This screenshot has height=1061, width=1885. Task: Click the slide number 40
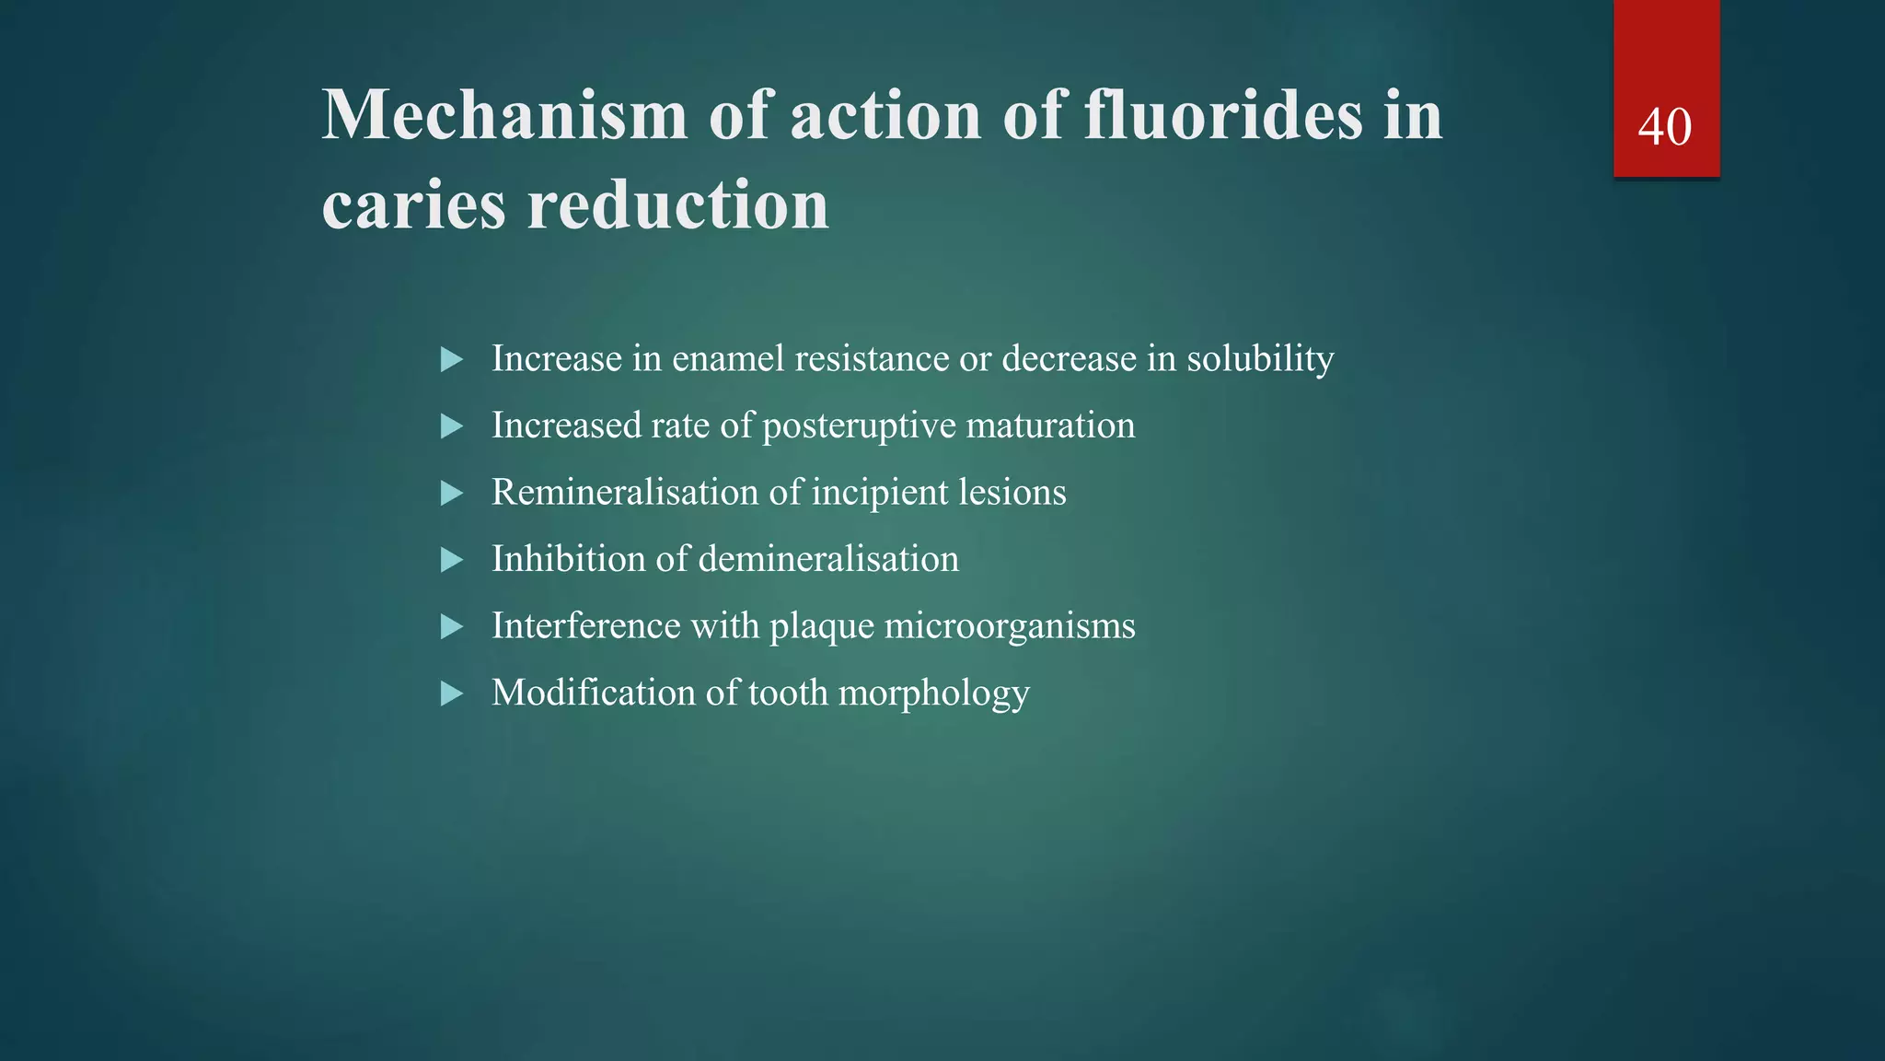(1664, 127)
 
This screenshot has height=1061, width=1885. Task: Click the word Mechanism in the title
(504, 116)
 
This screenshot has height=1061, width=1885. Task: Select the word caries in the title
(413, 204)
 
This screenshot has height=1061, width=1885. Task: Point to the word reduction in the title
(677, 204)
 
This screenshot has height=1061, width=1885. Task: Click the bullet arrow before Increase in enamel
(451, 359)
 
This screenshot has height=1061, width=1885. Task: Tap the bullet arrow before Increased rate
(451, 426)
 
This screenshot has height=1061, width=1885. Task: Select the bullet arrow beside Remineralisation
(451, 494)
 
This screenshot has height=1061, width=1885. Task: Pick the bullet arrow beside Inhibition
(451, 560)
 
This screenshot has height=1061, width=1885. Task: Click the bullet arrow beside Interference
(451, 627)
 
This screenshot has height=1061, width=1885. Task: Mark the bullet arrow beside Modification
(451, 694)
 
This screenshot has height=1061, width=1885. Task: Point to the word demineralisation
(828, 559)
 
